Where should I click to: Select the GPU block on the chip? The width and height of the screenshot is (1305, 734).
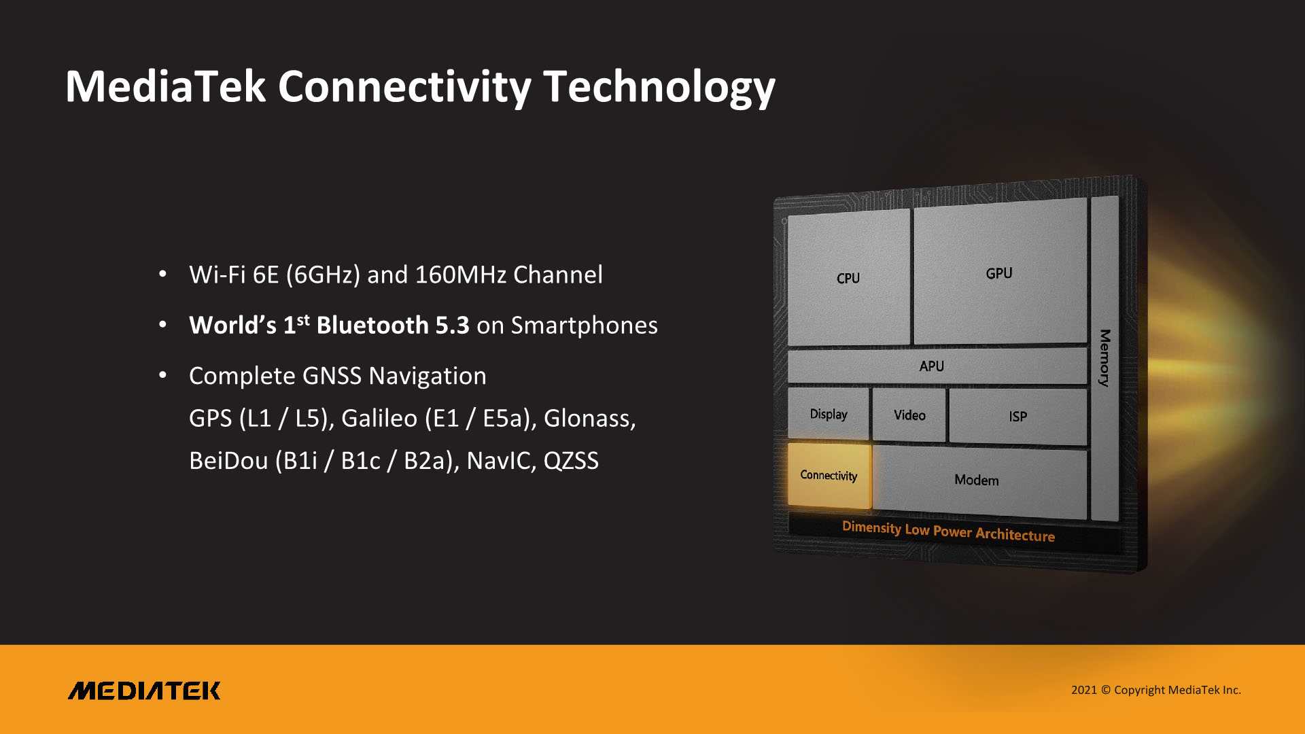click(1000, 272)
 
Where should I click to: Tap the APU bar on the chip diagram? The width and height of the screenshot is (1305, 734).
click(937, 366)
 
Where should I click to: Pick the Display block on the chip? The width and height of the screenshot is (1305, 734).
click(829, 413)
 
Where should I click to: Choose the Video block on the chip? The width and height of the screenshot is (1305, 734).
click(909, 415)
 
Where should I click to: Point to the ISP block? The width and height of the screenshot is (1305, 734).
click(1017, 416)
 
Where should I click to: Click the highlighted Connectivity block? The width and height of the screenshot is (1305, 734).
click(829, 475)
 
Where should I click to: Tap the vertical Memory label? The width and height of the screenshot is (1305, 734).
click(1105, 358)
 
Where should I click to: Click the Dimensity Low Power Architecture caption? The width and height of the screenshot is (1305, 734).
click(948, 531)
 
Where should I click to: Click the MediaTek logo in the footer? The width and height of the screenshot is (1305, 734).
click(144, 691)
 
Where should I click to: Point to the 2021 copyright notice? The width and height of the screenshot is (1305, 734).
click(1156, 690)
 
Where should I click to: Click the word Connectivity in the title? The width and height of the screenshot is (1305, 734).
click(404, 86)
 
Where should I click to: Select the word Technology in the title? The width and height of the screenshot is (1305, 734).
click(659, 87)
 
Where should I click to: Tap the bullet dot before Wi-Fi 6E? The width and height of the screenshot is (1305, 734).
click(162, 274)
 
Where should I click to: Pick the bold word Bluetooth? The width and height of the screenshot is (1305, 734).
click(372, 325)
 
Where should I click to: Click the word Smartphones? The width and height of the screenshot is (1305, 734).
click(585, 326)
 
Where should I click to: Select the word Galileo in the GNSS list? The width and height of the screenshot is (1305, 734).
click(379, 418)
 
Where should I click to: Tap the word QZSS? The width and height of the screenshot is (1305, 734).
click(571, 461)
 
